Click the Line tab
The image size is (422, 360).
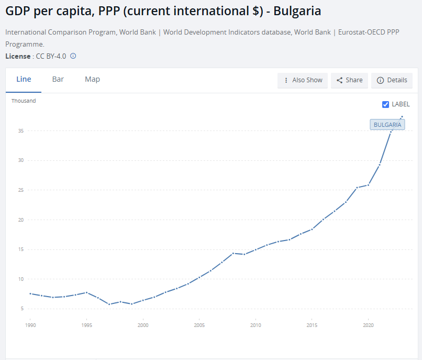pyautogui.click(x=24, y=80)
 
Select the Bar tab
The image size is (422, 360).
pyautogui.click(x=58, y=80)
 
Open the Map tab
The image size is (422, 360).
pyautogui.click(x=92, y=80)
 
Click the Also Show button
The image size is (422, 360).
pyautogui.click(x=303, y=80)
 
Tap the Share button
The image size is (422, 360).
pyautogui.click(x=349, y=80)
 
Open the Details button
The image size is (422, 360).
pyautogui.click(x=392, y=80)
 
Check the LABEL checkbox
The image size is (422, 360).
pyautogui.click(x=386, y=104)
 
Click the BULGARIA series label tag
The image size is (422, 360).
pyautogui.click(x=387, y=125)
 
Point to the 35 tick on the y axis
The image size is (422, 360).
pyautogui.click(x=21, y=131)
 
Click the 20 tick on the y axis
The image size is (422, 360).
pyautogui.click(x=21, y=220)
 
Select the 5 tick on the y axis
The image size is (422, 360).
pyautogui.click(x=23, y=309)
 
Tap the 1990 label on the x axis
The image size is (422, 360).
pyautogui.click(x=30, y=325)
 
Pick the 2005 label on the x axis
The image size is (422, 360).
pyautogui.click(x=199, y=325)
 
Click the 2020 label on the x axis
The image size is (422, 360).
pyautogui.click(x=368, y=325)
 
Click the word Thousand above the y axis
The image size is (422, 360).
pyautogui.click(x=24, y=101)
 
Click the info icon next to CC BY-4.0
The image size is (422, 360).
pyautogui.click(x=73, y=56)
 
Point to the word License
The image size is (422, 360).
pyautogui.click(x=17, y=56)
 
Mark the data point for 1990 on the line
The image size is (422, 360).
pyautogui.click(x=30, y=293)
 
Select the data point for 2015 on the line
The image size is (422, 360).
pyautogui.click(x=312, y=229)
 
